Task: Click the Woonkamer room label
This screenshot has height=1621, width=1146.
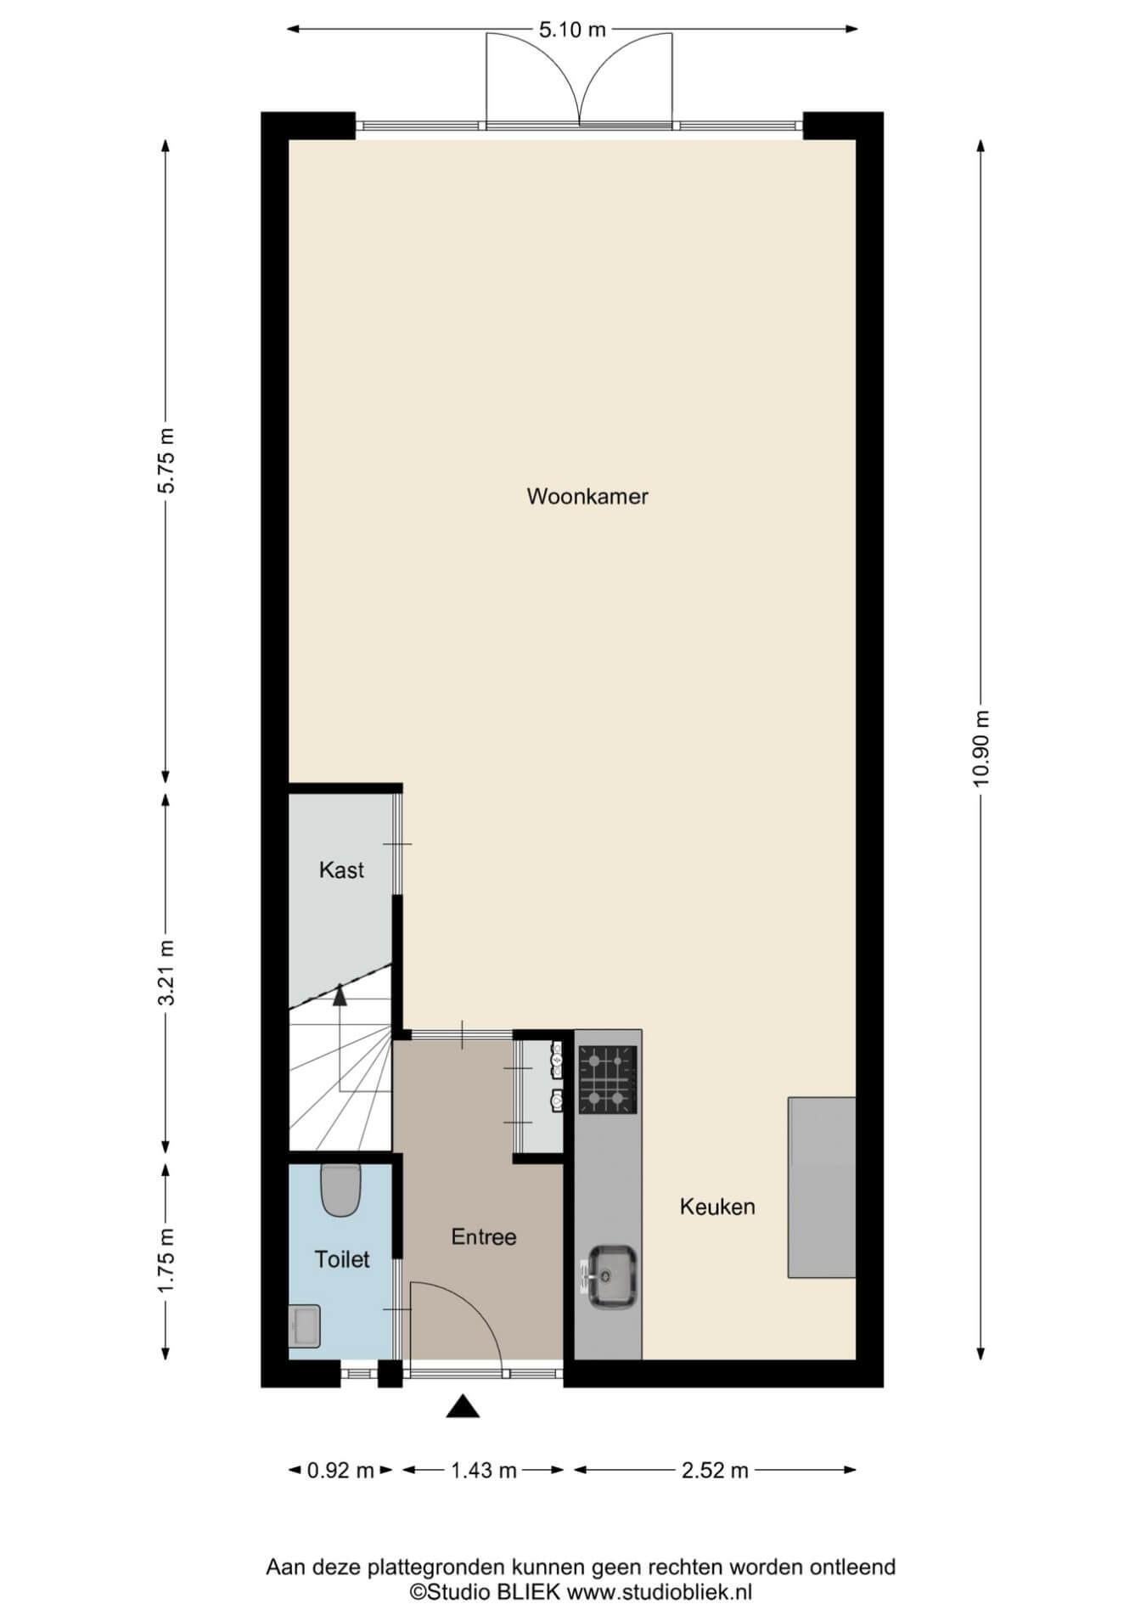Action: click(587, 496)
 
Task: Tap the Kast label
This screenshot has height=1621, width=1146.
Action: click(341, 870)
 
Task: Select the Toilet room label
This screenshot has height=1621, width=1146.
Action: click(342, 1259)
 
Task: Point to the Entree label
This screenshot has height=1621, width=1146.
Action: click(484, 1236)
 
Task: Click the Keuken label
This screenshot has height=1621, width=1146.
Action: click(717, 1207)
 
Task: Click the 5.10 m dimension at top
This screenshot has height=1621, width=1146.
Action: click(573, 30)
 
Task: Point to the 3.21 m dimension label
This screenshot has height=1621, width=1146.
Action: click(166, 973)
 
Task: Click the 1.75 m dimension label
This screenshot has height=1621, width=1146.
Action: click(166, 1261)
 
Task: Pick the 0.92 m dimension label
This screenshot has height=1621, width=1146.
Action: click(340, 1470)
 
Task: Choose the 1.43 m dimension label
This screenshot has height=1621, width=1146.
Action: click(484, 1470)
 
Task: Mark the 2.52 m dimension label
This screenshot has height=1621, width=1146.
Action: click(715, 1470)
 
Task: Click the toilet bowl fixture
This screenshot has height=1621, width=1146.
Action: click(341, 1190)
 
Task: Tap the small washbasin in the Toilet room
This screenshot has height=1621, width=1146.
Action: click(304, 1326)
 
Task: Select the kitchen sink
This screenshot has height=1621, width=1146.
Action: click(608, 1276)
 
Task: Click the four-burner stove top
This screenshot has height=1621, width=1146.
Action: click(608, 1079)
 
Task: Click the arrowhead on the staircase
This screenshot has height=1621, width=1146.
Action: click(340, 994)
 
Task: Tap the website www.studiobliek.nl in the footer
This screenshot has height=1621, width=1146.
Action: click(660, 1592)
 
